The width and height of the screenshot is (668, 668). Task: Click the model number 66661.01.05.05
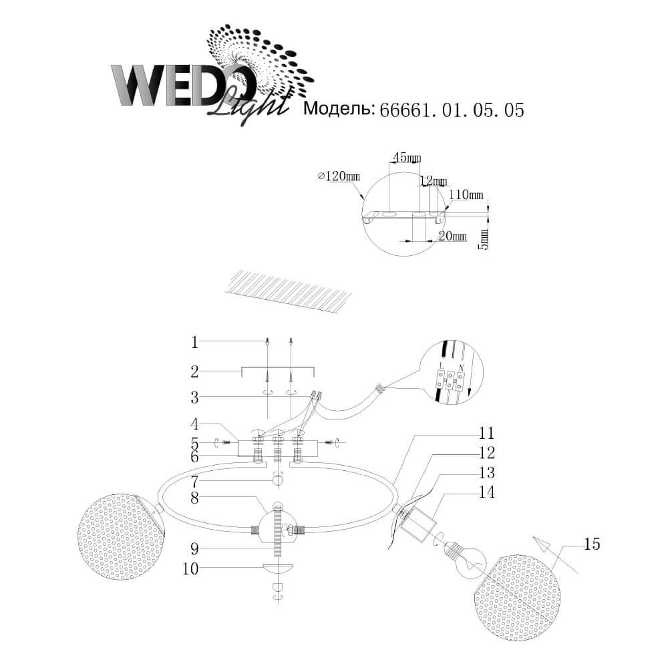[x=451, y=110]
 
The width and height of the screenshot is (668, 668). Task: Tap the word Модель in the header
[x=338, y=110]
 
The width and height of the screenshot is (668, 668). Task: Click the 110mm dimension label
[x=466, y=195]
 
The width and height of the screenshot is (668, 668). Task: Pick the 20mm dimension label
[x=453, y=236]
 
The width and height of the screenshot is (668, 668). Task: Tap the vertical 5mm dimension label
[x=485, y=236]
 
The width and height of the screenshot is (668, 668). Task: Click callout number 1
[x=194, y=343]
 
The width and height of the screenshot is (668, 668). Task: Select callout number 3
[x=194, y=398]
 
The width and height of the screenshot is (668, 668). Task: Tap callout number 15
[x=591, y=544]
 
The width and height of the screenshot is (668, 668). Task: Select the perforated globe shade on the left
[x=120, y=537]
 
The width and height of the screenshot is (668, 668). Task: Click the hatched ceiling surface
[x=287, y=291]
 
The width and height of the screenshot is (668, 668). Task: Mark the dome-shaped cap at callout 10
[x=278, y=570]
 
